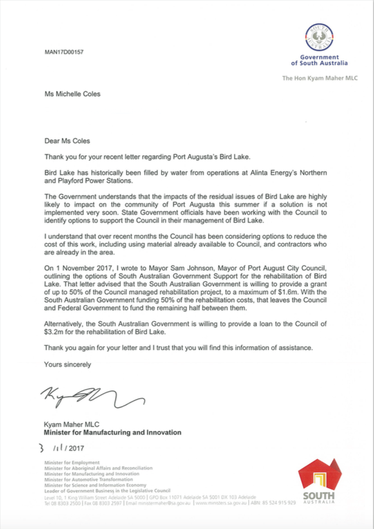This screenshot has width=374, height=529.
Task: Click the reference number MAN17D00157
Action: [64, 52]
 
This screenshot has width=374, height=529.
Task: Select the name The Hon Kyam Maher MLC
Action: [315, 79]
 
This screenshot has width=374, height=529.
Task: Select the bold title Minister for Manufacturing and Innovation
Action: [112, 433]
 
